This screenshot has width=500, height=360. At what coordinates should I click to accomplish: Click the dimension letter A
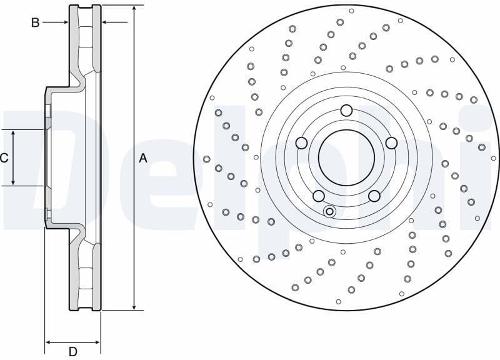pyautogui.click(x=143, y=158)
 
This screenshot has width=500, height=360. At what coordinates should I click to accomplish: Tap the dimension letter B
pyautogui.click(x=36, y=22)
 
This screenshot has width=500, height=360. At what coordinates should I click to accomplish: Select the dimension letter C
pyautogui.click(x=4, y=158)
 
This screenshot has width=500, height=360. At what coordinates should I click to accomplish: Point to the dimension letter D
pyautogui.click(x=72, y=352)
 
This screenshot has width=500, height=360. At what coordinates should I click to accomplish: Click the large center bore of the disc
pyautogui.click(x=346, y=157)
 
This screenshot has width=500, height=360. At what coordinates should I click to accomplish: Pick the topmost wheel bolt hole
pyautogui.click(x=346, y=111)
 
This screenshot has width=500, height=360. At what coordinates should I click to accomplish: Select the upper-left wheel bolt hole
pyautogui.click(x=301, y=143)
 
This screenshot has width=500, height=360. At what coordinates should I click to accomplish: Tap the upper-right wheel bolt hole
pyautogui.click(x=391, y=143)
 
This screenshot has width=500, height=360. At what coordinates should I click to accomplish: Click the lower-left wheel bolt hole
pyautogui.click(x=318, y=196)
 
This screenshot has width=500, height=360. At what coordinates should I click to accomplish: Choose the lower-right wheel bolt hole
pyautogui.click(x=374, y=196)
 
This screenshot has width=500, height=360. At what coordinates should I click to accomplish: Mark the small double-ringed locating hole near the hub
pyautogui.click(x=329, y=212)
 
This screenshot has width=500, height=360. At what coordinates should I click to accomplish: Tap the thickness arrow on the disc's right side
pyautogui.click(x=106, y=22)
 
